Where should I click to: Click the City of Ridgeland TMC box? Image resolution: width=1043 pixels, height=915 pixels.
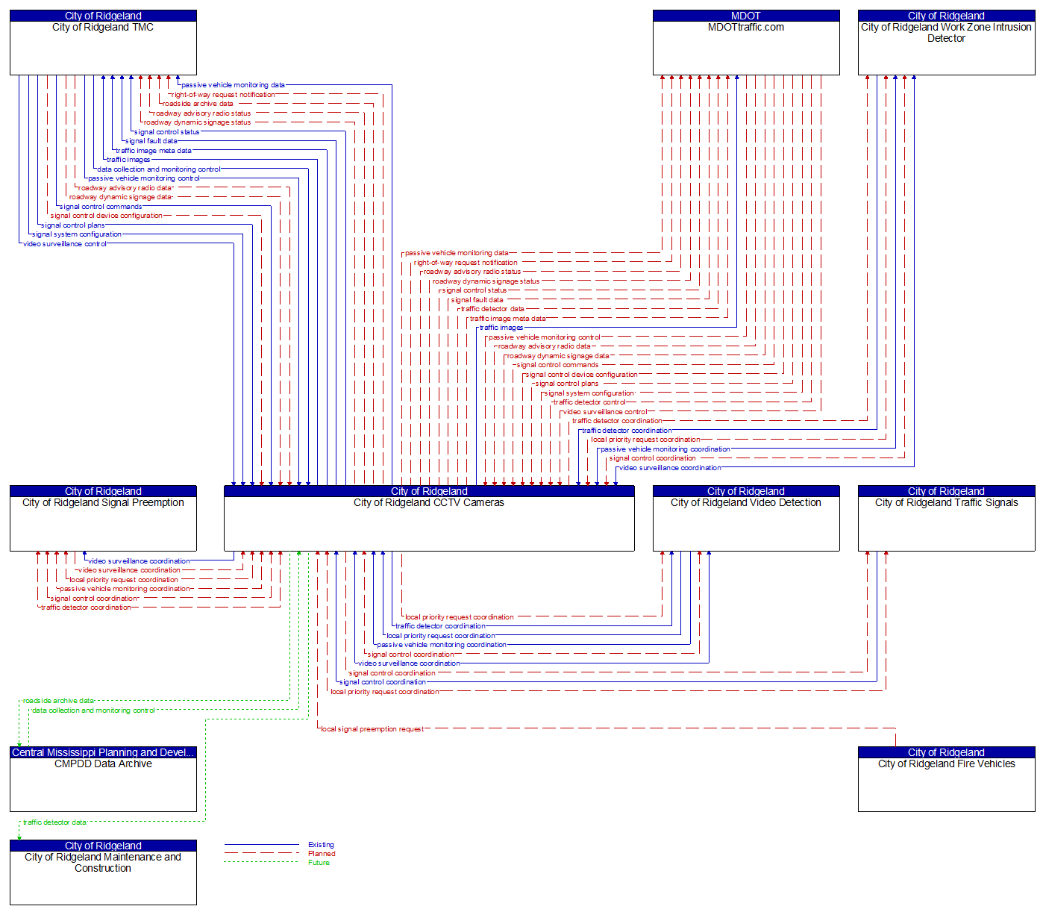tap(103, 48)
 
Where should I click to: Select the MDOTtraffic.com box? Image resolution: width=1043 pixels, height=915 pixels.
tap(746, 48)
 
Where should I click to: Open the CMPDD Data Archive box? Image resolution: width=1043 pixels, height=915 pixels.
tap(103, 784)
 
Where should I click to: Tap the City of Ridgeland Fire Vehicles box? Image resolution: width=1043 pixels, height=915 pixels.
tap(946, 784)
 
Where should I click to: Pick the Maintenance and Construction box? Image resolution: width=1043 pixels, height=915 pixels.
tap(103, 878)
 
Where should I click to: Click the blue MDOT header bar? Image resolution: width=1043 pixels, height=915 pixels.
tap(746, 16)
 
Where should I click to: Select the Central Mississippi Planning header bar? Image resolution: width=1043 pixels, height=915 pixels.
tap(103, 752)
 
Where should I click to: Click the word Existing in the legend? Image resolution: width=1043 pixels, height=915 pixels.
tap(321, 845)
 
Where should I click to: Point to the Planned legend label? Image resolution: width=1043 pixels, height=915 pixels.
tap(322, 854)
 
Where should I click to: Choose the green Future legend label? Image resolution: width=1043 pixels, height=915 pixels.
tap(319, 863)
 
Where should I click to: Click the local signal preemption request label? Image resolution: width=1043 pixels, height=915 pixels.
tap(372, 729)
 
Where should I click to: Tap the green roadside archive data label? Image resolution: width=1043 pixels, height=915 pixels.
tap(58, 701)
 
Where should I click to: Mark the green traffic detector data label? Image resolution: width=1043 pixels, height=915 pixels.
tap(54, 822)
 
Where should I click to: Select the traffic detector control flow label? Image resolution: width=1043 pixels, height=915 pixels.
tap(589, 402)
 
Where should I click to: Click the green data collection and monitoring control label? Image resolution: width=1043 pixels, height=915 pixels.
tap(93, 711)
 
